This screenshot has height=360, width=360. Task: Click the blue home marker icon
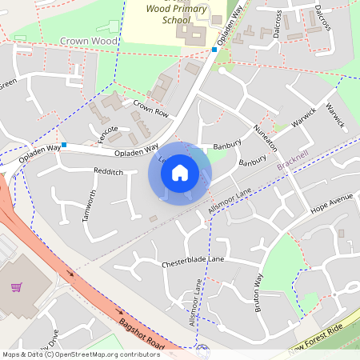pyautogui.click(x=180, y=172)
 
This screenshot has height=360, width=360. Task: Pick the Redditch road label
pyautogui.click(x=108, y=172)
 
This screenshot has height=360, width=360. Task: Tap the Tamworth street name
pyautogui.click(x=91, y=206)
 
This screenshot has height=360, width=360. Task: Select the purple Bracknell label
pyautogui.click(x=292, y=161)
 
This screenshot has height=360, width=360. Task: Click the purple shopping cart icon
pyautogui.click(x=16, y=286)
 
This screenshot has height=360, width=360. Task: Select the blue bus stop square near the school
pyautogui.click(x=214, y=50)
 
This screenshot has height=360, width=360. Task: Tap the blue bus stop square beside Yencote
pyautogui.click(x=63, y=146)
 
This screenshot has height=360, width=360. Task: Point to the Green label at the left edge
pyautogui.click(x=8, y=84)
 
